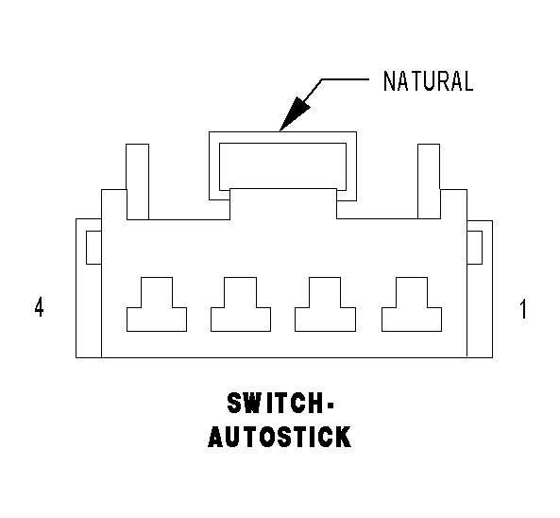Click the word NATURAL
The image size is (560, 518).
click(428, 81)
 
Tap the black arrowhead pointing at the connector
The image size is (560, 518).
click(294, 114)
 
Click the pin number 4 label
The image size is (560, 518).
click(40, 306)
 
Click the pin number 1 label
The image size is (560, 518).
click(523, 309)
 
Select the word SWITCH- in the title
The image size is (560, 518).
click(280, 403)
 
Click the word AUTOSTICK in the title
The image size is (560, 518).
click(280, 437)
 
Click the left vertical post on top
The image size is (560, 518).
click(138, 181)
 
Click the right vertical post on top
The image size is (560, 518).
click(429, 181)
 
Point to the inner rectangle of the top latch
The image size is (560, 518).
click(282, 144)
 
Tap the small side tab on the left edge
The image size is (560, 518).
click(93, 248)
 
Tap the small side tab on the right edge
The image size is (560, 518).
click(475, 248)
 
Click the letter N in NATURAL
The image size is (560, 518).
click(388, 81)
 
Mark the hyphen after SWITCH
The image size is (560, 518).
click(330, 405)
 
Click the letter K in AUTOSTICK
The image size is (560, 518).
click(344, 437)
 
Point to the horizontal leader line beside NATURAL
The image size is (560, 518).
click(345, 79)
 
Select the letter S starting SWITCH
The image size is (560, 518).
click(235, 403)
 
